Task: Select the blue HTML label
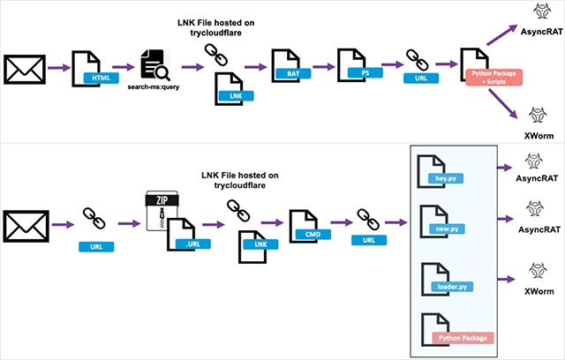coord(101,78)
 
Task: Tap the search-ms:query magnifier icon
coord(153,64)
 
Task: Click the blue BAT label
coord(290,76)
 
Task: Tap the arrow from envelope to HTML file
coord(58,66)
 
